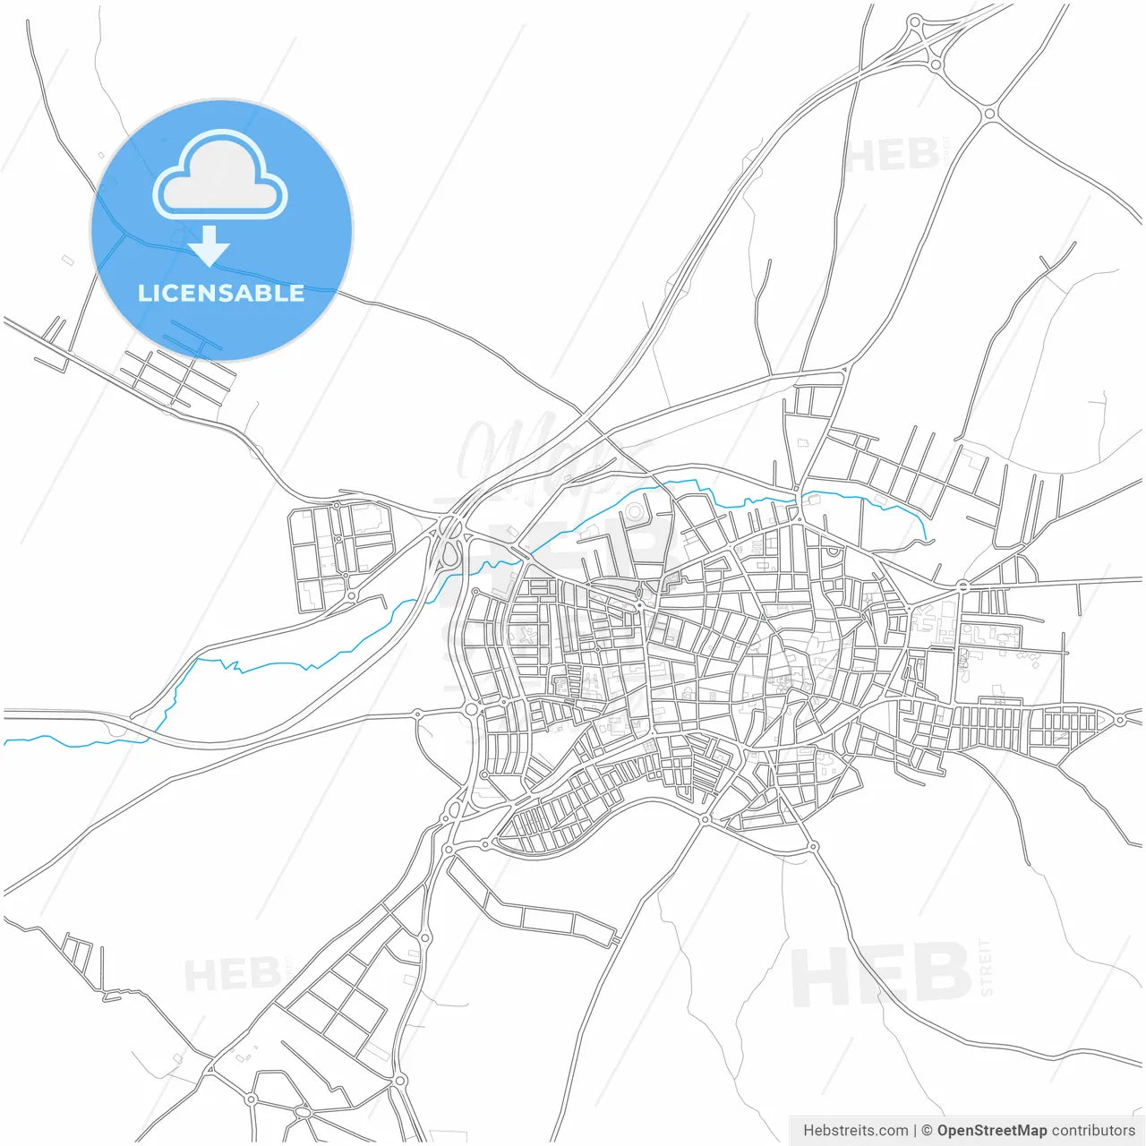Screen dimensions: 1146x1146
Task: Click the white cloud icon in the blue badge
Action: (220, 175)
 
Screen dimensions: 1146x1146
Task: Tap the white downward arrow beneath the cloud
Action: (210, 246)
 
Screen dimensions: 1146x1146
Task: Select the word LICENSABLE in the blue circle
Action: (221, 293)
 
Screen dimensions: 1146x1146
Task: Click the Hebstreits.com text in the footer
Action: (855, 1131)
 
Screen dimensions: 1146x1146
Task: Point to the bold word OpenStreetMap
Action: (991, 1131)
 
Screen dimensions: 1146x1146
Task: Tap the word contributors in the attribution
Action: (1093, 1131)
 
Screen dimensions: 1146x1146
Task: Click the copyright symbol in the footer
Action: (927, 1131)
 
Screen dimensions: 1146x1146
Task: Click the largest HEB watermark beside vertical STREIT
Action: (881, 975)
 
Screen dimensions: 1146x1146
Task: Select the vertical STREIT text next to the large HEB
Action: (986, 967)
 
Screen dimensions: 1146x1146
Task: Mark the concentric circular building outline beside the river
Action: (635, 512)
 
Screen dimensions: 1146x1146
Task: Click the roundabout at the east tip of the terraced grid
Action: (1120, 720)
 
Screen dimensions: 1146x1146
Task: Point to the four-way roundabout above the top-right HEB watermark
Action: (989, 114)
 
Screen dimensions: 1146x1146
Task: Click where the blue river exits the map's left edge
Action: (5, 742)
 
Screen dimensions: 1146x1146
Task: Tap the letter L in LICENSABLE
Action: (144, 293)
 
